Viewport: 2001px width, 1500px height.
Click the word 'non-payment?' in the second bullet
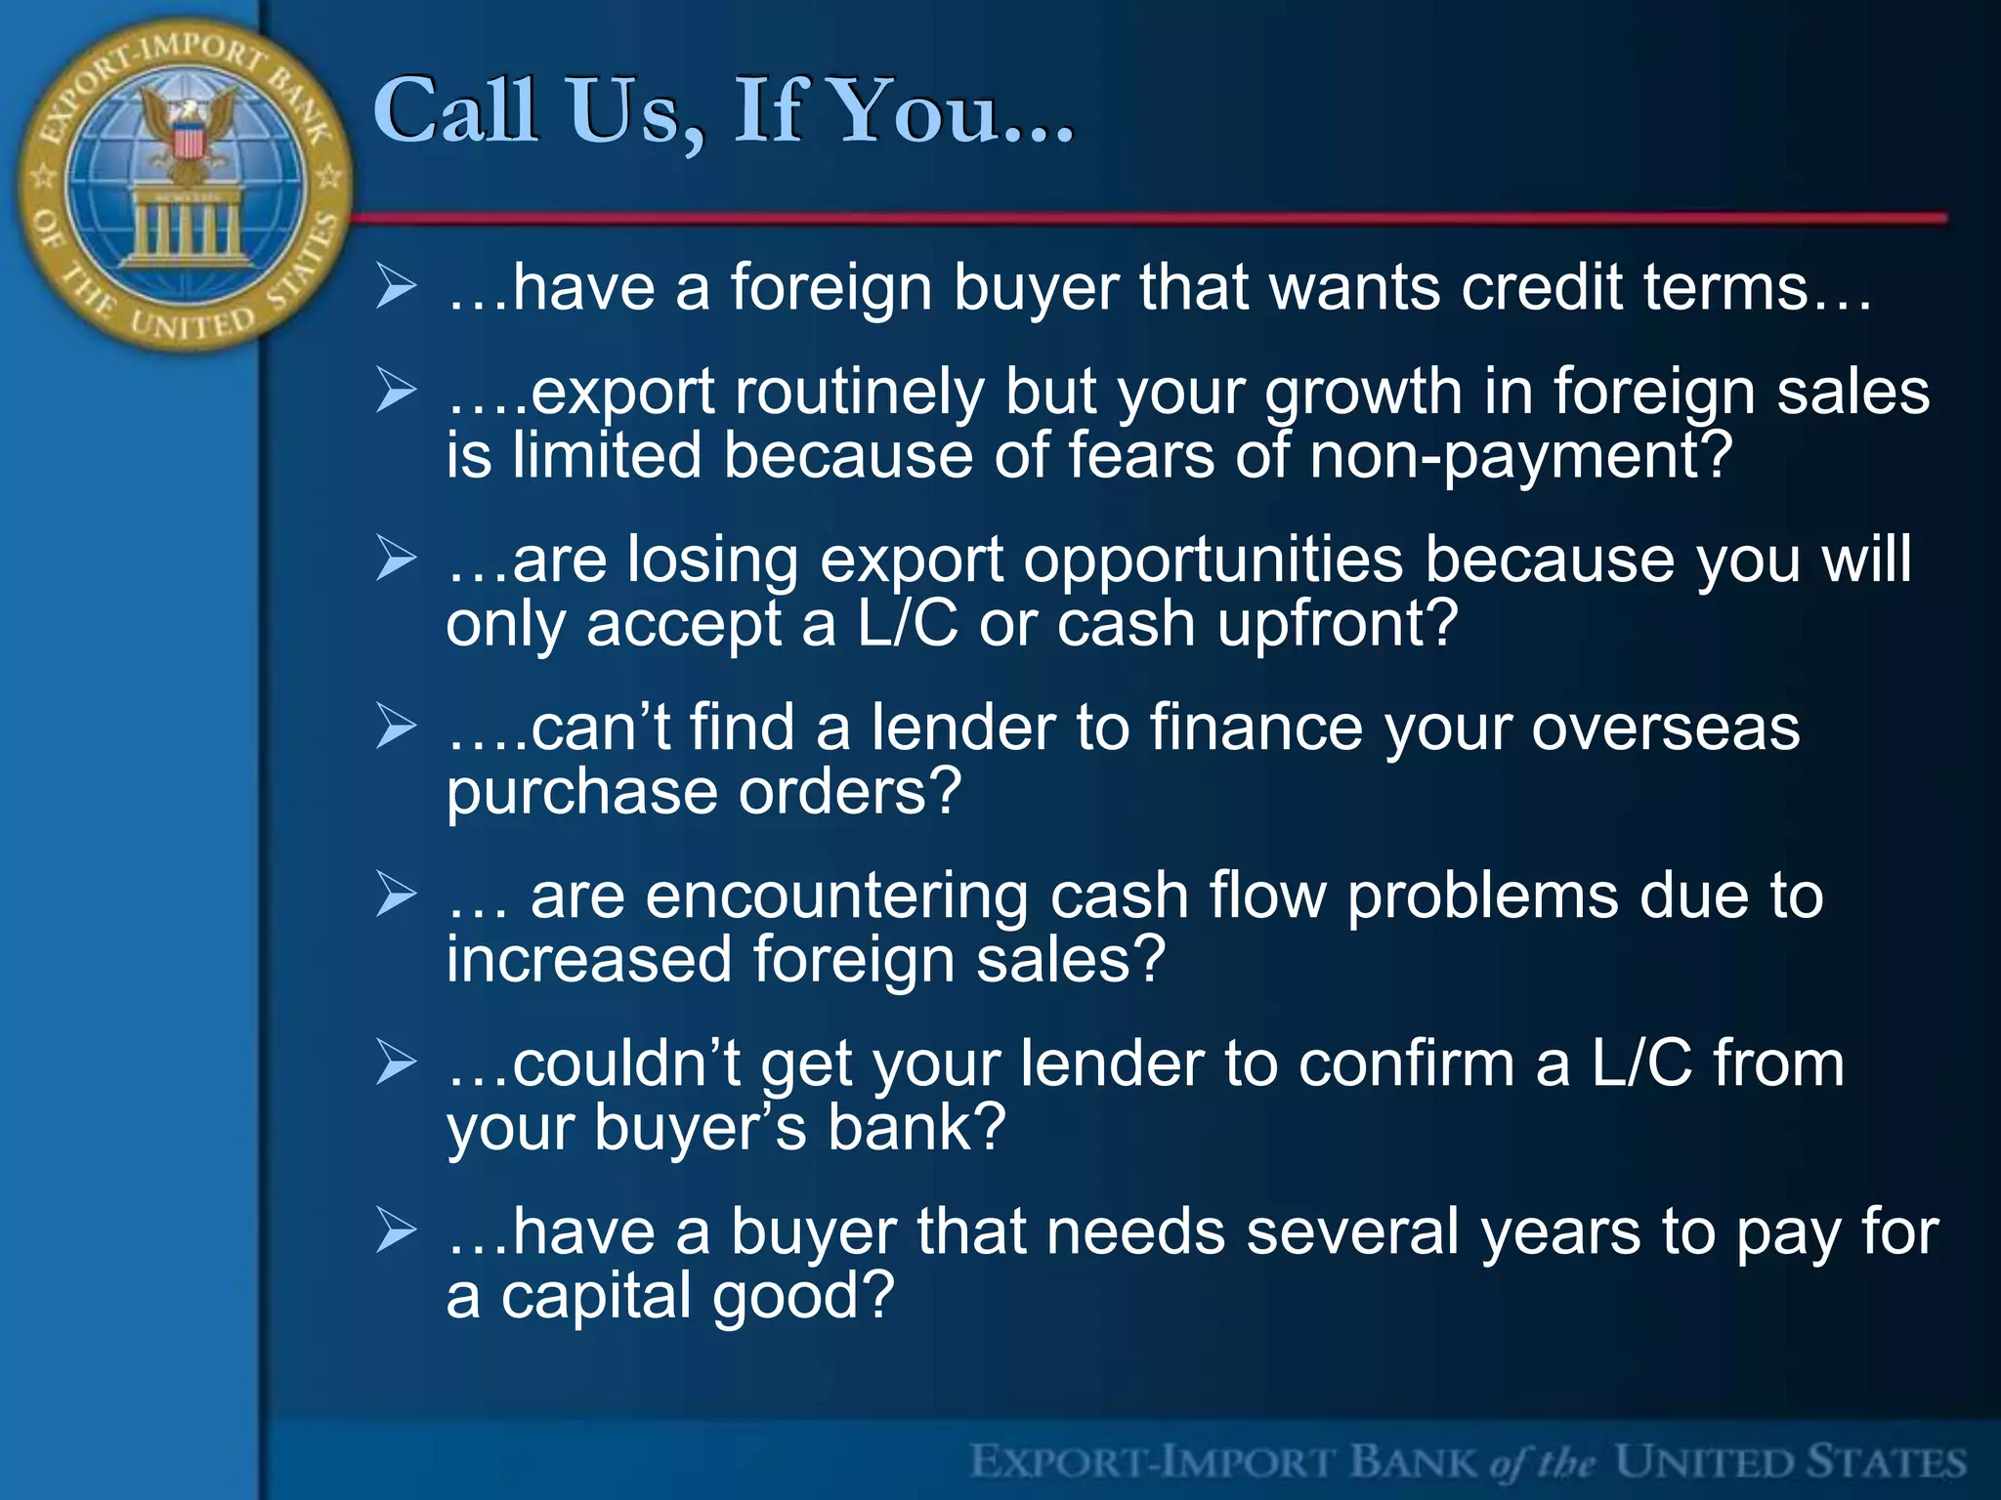(x=1520, y=457)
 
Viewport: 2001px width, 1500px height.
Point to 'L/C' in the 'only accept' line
(x=908, y=625)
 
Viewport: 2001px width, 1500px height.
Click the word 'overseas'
(x=1665, y=729)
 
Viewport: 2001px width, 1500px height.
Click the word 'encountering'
(x=836, y=896)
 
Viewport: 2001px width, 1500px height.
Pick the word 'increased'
(x=589, y=959)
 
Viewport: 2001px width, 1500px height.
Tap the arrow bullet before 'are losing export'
(x=396, y=559)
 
